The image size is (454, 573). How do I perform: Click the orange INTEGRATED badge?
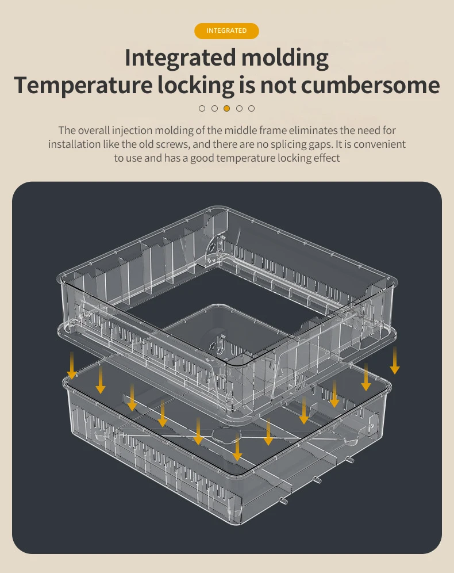click(x=226, y=31)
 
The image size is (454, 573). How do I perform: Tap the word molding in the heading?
click(x=286, y=58)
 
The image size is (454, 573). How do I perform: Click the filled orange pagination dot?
click(x=226, y=108)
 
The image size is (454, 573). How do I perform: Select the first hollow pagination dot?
click(x=202, y=108)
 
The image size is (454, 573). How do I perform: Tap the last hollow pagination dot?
click(x=251, y=108)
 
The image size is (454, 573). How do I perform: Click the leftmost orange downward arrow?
click(x=71, y=365)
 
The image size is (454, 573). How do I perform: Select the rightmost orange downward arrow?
click(x=395, y=360)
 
